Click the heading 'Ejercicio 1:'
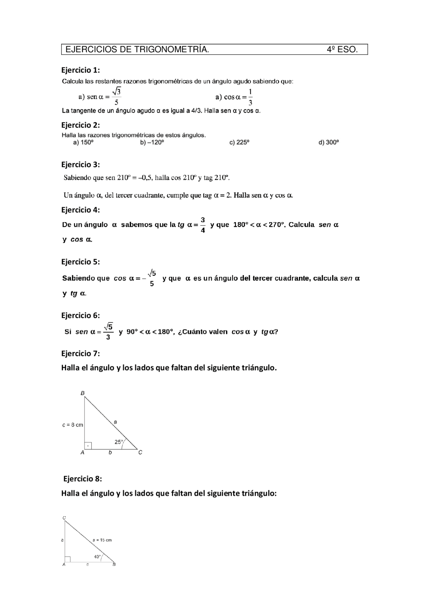[80, 70]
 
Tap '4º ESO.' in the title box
[342, 50]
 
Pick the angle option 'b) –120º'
[152, 142]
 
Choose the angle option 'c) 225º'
[239, 142]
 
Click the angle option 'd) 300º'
[329, 142]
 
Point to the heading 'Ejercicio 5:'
[80, 262]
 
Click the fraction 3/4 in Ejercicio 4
[203, 225]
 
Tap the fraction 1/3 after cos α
[250, 97]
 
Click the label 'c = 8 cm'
[73, 425]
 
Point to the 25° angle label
[119, 442]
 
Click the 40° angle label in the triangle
[97, 557]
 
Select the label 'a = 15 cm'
[102, 540]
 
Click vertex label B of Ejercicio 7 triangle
[82, 393]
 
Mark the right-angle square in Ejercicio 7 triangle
[88, 446]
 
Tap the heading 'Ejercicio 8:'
[82, 479]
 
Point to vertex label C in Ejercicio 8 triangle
[64, 518]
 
